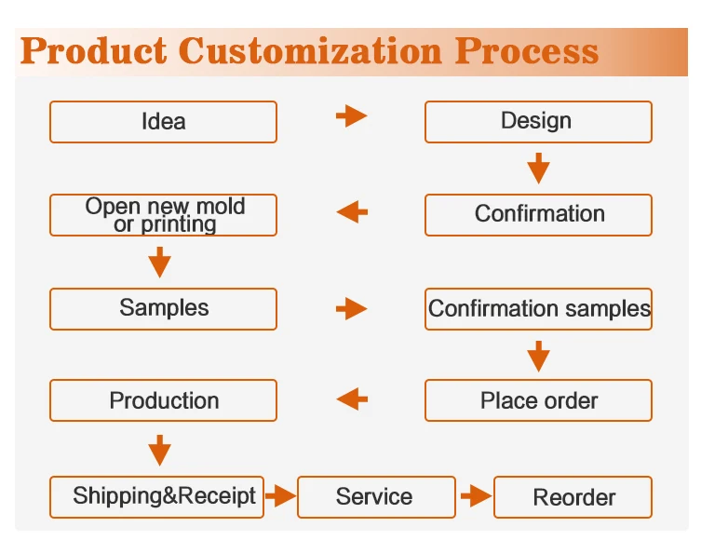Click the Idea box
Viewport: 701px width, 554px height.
pos(163,122)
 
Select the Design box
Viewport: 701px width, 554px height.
pos(538,122)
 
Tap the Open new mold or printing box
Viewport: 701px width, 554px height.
pos(163,215)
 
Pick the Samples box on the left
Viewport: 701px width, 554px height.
pos(163,309)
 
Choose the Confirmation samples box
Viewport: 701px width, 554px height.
pos(538,309)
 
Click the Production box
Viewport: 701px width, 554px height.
pos(163,401)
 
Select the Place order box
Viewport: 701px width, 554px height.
pos(538,401)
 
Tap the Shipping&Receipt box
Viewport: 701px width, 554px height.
pos(156,496)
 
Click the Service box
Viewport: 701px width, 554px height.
pos(376,497)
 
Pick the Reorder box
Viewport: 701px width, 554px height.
pos(573,497)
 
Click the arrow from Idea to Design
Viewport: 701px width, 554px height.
pos(351,116)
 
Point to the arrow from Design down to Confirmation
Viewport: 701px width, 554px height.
pos(538,169)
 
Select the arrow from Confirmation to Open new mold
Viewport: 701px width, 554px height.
pos(352,212)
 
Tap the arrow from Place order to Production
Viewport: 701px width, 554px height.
pos(352,399)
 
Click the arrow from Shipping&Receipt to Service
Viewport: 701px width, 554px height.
pos(280,497)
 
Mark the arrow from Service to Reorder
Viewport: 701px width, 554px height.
pos(476,497)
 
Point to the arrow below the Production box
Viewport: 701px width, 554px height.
pos(160,450)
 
